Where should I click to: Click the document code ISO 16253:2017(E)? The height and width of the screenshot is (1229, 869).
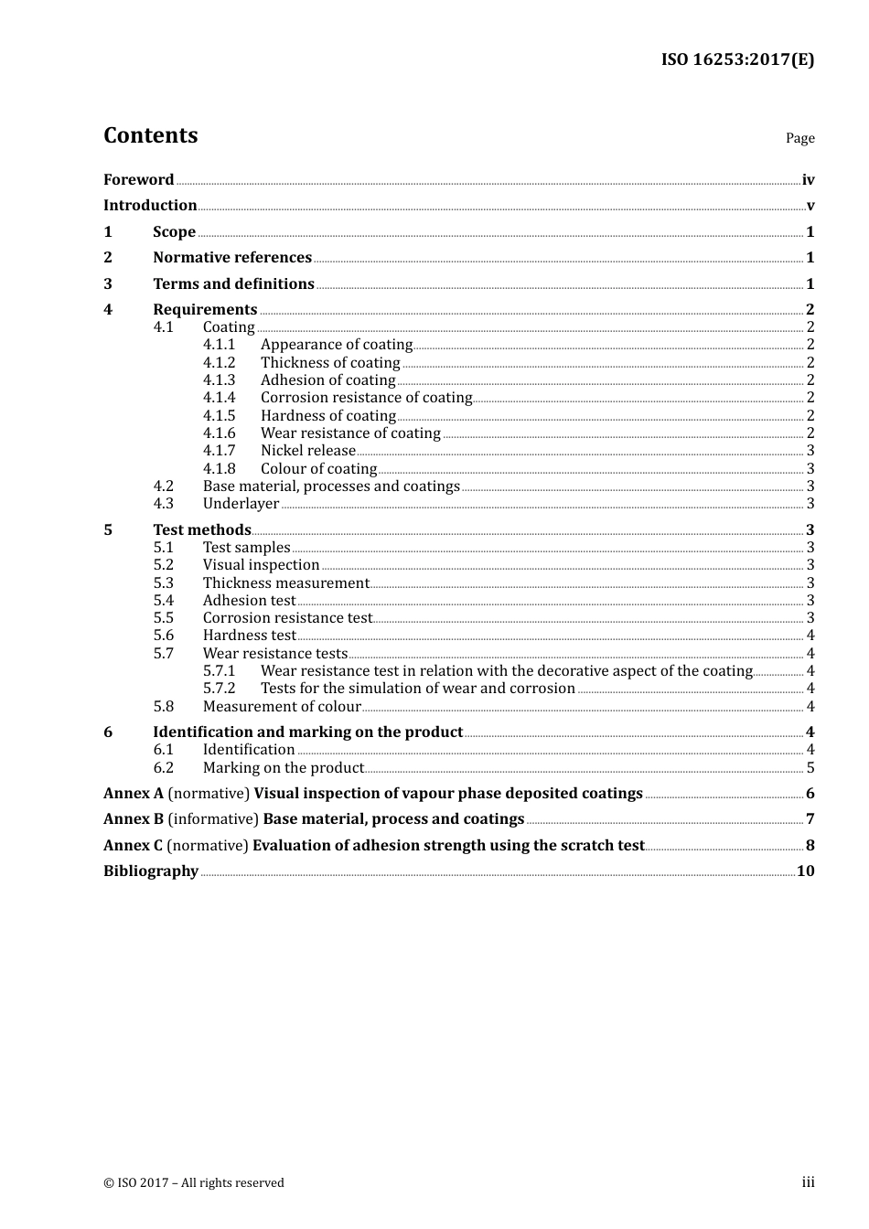pos(737,59)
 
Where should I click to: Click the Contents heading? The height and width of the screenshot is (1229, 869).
pos(150,135)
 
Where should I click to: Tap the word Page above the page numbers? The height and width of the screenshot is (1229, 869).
pos(799,138)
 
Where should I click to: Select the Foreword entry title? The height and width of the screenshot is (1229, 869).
pos(138,180)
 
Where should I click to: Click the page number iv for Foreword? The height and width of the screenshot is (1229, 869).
pos(808,180)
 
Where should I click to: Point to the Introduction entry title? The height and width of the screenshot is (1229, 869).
pos(150,206)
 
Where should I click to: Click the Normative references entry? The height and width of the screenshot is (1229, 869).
pos(232,258)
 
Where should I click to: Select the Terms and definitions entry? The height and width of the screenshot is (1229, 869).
pos(233,284)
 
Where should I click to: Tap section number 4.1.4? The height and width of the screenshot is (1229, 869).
pos(219,398)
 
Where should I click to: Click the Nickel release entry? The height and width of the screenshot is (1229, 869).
pos(307,451)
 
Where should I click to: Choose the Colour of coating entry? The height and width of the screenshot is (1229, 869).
pos(318,469)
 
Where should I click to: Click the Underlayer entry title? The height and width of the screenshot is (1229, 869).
pos(241,504)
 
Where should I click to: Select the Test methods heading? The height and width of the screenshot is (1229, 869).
pos(201,530)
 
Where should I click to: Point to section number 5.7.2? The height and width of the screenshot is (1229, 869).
pos(219,689)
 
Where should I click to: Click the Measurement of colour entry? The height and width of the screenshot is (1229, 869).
pos(282,707)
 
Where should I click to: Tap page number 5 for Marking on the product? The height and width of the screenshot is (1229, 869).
pos(810,768)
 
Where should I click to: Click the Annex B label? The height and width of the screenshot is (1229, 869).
pos(134,819)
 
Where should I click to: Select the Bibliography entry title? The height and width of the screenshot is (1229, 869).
pos(151,871)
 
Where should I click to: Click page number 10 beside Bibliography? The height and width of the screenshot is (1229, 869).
pos(805,871)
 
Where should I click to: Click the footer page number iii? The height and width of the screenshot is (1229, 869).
pos(808,1182)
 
